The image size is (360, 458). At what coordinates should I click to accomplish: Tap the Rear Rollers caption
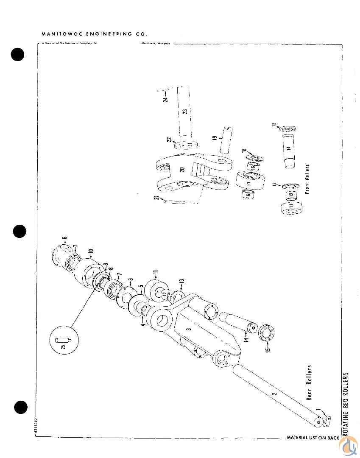click(309, 382)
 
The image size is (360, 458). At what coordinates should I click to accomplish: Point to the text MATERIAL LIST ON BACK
click(313, 437)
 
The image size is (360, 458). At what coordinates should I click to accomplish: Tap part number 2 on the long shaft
click(274, 394)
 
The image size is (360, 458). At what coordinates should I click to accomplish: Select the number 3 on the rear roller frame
click(189, 328)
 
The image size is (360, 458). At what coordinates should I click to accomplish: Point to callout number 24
click(166, 99)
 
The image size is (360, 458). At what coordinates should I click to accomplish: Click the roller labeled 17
click(249, 183)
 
